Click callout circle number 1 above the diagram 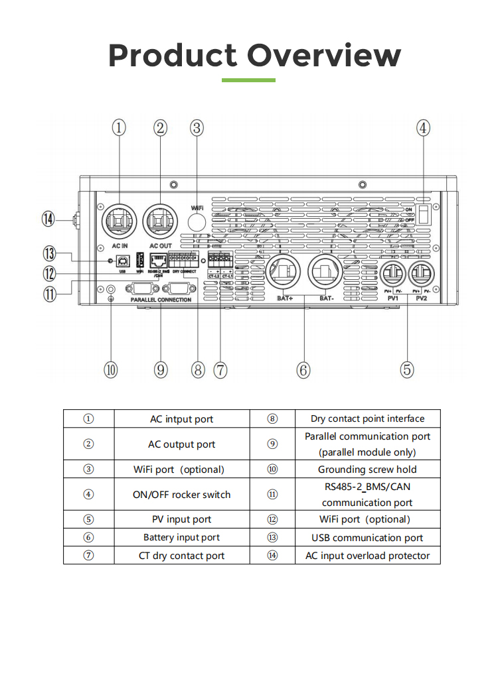(118, 127)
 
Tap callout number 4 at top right (424, 127)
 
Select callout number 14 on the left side (47, 218)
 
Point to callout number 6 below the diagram (303, 370)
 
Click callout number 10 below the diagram (111, 370)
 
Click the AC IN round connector (119, 221)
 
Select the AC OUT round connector (162, 221)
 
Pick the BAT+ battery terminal (285, 273)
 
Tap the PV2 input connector (422, 274)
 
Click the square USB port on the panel (123, 261)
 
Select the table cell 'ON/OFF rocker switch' (181, 495)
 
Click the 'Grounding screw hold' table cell (367, 469)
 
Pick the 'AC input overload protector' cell (367, 556)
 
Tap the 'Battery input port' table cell (181, 537)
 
